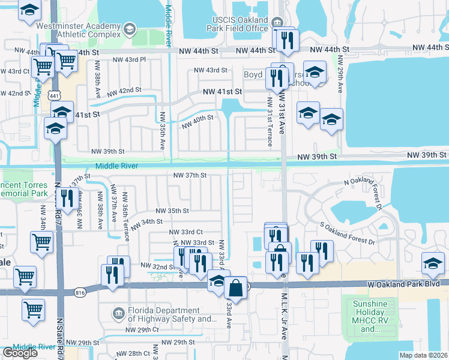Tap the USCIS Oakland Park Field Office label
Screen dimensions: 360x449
(236, 23)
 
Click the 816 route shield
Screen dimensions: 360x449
(80, 292)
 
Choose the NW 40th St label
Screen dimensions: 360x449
(198, 118)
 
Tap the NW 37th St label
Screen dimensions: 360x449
(190, 175)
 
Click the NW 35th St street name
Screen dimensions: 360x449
(172, 211)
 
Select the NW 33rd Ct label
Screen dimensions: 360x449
(186, 232)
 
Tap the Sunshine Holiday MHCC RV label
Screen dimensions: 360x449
(370, 316)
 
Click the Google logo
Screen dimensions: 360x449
(20, 352)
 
